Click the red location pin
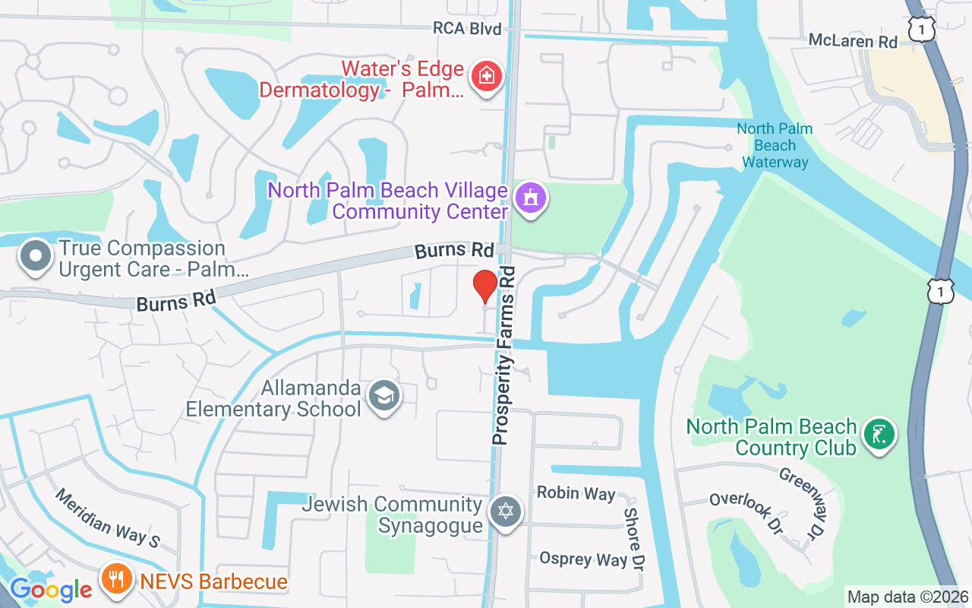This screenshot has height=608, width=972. (x=485, y=287)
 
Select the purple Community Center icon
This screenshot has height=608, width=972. (x=532, y=198)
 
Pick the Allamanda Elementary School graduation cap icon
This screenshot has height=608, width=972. (x=384, y=396)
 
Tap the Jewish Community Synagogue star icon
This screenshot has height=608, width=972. (x=505, y=511)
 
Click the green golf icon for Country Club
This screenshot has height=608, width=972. (x=879, y=435)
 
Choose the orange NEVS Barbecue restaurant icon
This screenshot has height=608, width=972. (x=116, y=581)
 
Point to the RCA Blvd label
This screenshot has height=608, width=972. (x=467, y=28)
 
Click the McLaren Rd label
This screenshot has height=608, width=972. (x=853, y=40)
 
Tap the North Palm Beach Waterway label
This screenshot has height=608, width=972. (x=775, y=144)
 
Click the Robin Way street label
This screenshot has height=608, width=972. (x=576, y=492)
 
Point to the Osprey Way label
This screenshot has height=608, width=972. (x=582, y=559)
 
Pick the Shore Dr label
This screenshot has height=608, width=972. (x=633, y=539)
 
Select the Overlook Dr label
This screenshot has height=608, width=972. (x=745, y=511)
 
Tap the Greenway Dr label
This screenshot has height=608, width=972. (x=804, y=503)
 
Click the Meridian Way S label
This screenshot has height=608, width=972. (x=107, y=517)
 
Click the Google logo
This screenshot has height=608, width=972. (x=50, y=590)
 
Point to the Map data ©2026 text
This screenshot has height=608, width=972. (x=907, y=597)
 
